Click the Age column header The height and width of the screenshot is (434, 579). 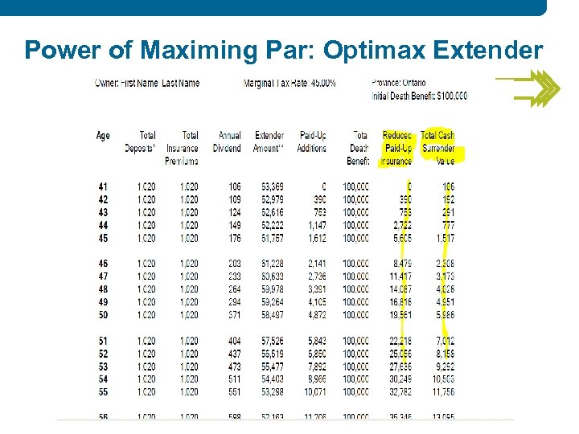pos(103,136)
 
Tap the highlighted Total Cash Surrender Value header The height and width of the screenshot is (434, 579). pos(438,148)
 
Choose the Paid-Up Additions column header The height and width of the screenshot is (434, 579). pos(312,141)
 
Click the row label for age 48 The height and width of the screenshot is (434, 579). pos(103,289)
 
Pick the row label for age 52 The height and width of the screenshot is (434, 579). pos(103,353)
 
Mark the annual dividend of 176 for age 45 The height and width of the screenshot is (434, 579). pos(233,238)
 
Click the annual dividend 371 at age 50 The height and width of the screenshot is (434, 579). pos(233,314)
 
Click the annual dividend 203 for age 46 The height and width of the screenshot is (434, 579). pos(233,263)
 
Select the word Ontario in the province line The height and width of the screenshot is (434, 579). pos(413,83)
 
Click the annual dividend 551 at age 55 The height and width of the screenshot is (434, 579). pos(233,391)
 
